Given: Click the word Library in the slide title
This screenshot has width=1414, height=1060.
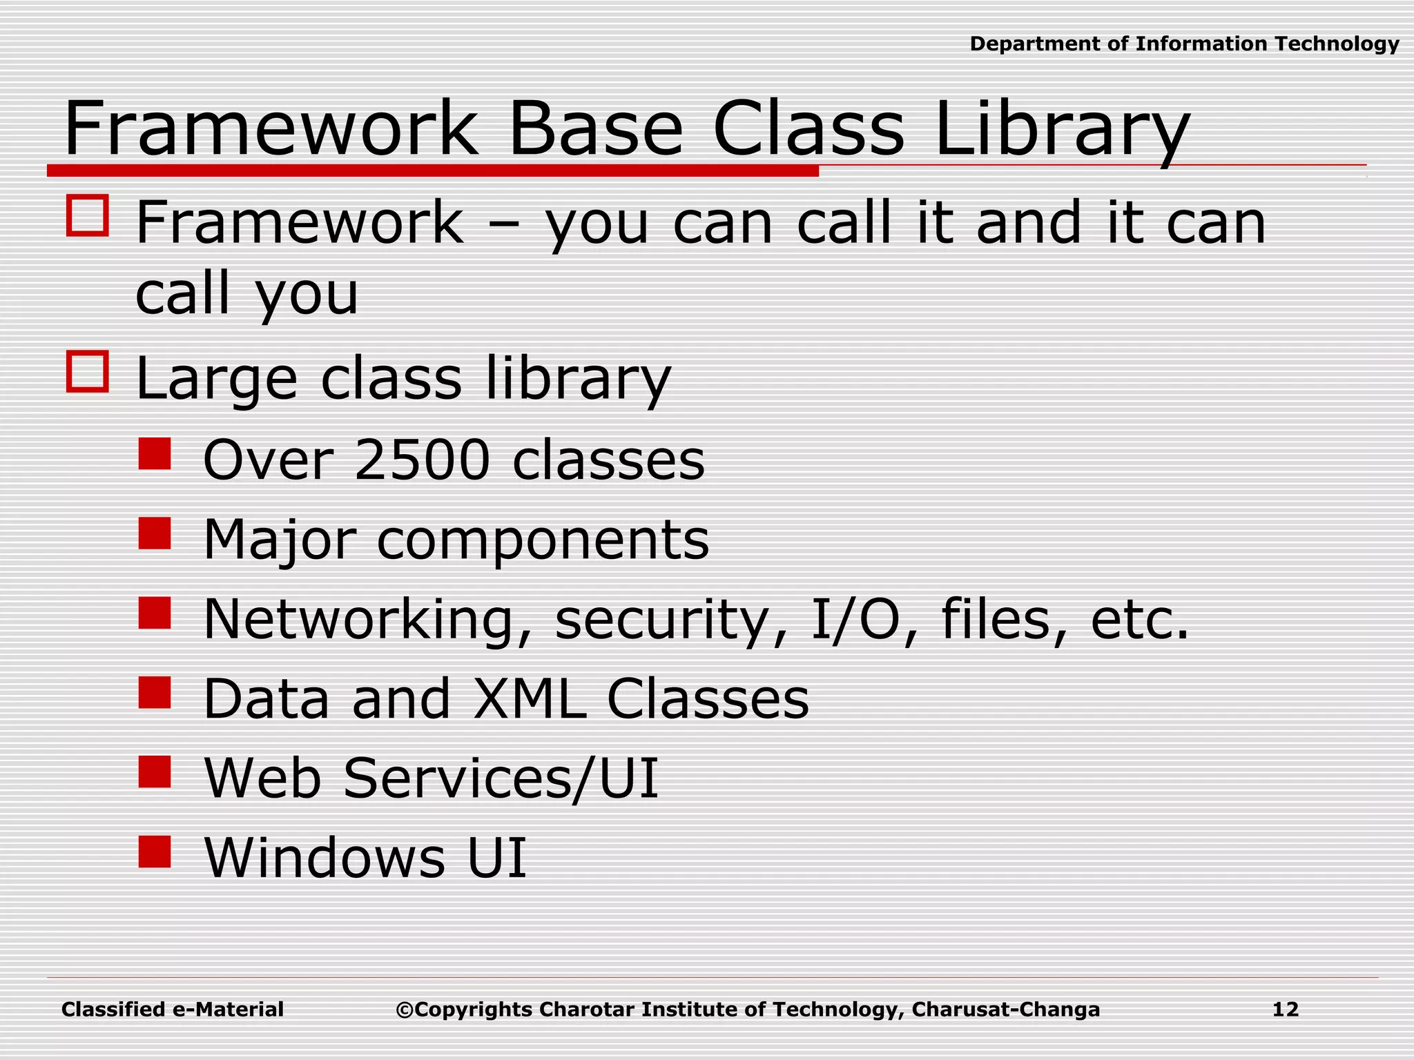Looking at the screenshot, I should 1061,130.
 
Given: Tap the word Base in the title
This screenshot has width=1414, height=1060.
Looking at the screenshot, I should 594,130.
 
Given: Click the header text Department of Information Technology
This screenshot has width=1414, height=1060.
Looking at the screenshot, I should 1184,44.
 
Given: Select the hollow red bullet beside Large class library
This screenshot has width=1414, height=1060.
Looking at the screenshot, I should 88,372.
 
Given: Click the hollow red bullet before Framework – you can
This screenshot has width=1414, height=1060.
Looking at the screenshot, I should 88,216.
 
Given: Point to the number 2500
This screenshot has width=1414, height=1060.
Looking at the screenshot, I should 422,460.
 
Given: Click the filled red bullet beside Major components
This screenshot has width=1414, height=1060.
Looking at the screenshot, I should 155,533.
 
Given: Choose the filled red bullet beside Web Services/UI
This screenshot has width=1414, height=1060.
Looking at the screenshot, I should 155,772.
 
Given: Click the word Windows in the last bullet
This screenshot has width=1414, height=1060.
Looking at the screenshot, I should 325,858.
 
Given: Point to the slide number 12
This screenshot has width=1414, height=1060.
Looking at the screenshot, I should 1285,1010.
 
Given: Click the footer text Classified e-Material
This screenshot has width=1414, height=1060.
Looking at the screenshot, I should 173,1010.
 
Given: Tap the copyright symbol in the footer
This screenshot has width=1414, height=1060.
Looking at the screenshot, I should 404,1010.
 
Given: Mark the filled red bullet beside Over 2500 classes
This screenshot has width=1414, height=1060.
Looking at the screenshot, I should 155,454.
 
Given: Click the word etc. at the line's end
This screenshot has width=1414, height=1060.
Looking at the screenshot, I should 1139,620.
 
